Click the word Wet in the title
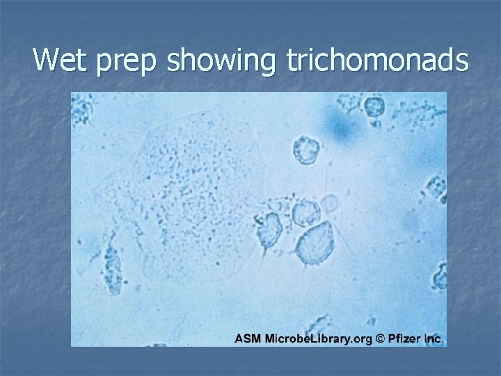tap(64, 61)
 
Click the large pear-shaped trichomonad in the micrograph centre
tap(315, 243)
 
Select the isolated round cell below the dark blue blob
tap(306, 149)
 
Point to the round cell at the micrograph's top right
tap(374, 107)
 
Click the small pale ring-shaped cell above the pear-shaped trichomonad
tap(329, 203)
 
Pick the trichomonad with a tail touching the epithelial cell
tap(269, 226)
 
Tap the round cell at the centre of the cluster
tap(306, 212)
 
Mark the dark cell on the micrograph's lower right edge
tap(440, 277)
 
